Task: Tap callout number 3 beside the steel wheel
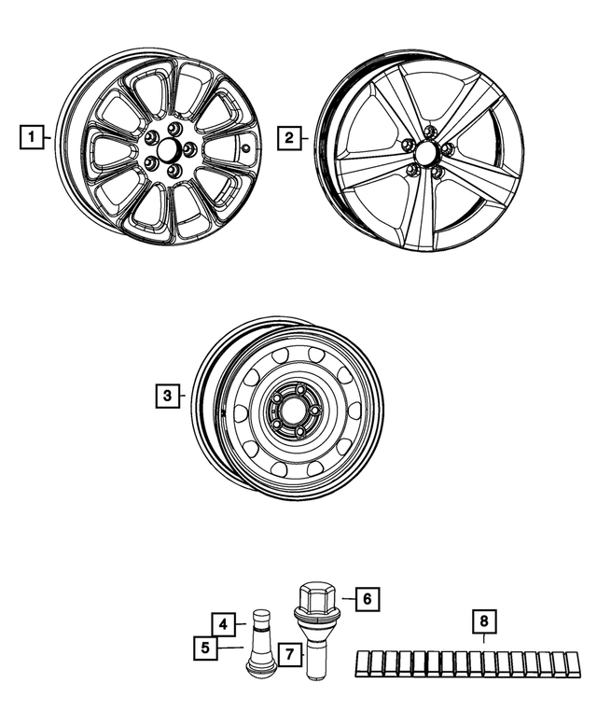click(x=166, y=397)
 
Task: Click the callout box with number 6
click(x=368, y=596)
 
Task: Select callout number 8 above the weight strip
click(x=484, y=620)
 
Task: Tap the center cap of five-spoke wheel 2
click(x=425, y=152)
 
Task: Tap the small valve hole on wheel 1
click(x=245, y=146)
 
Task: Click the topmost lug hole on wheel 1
click(x=174, y=128)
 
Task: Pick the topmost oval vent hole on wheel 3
click(x=315, y=356)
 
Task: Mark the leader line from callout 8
click(x=484, y=641)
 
